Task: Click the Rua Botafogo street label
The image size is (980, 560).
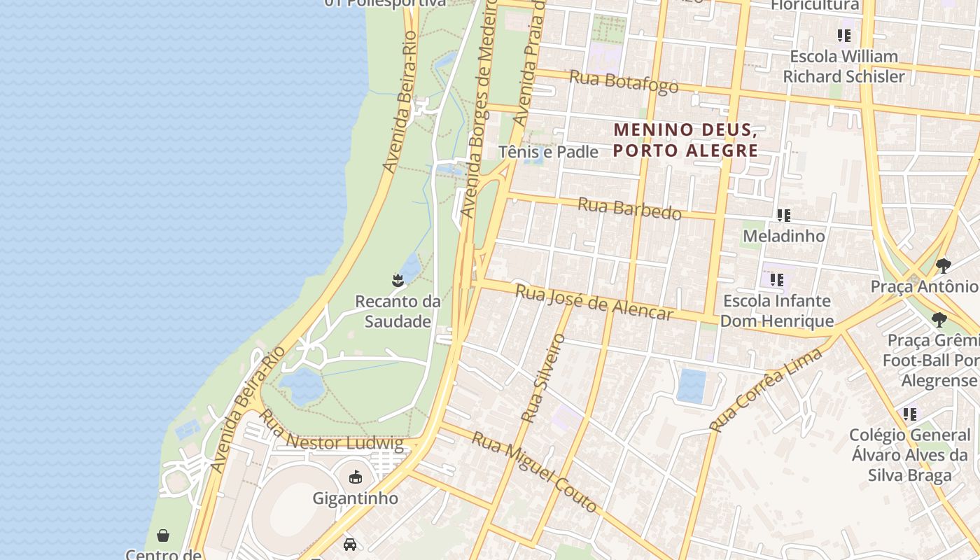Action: [624, 81]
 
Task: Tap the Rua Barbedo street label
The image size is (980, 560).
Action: [629, 209]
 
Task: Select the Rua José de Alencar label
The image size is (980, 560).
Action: [594, 302]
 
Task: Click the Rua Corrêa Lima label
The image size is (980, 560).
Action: [765, 389]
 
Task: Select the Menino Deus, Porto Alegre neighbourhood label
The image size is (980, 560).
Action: [685, 140]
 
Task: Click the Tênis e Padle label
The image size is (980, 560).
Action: [548, 151]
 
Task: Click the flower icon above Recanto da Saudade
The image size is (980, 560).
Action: [398, 281]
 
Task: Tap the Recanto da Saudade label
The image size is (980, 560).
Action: [398, 311]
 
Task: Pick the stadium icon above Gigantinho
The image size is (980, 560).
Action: [356, 477]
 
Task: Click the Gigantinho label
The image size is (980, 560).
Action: [355, 498]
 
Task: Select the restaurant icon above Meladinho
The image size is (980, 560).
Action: [784, 216]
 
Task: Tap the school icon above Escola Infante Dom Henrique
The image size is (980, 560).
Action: [776, 280]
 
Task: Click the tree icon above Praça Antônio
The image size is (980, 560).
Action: [943, 266]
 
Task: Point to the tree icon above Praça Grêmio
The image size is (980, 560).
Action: [939, 320]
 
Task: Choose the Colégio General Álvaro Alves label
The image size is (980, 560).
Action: [909, 455]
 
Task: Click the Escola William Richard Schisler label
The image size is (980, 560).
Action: [843, 66]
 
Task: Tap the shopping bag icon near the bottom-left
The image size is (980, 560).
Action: [163, 535]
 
